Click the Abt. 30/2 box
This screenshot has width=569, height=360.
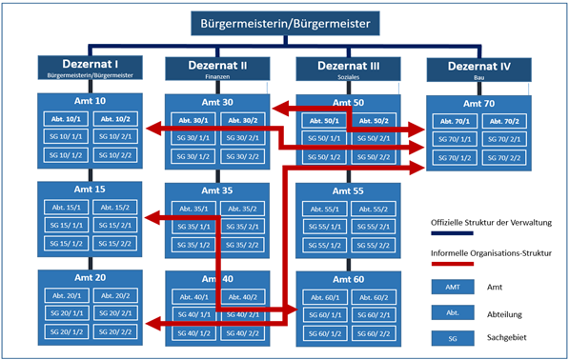(x=246, y=120)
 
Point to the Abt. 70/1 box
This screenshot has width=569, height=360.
(x=453, y=122)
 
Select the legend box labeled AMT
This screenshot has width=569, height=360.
(x=448, y=286)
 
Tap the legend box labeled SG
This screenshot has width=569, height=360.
(x=448, y=336)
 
